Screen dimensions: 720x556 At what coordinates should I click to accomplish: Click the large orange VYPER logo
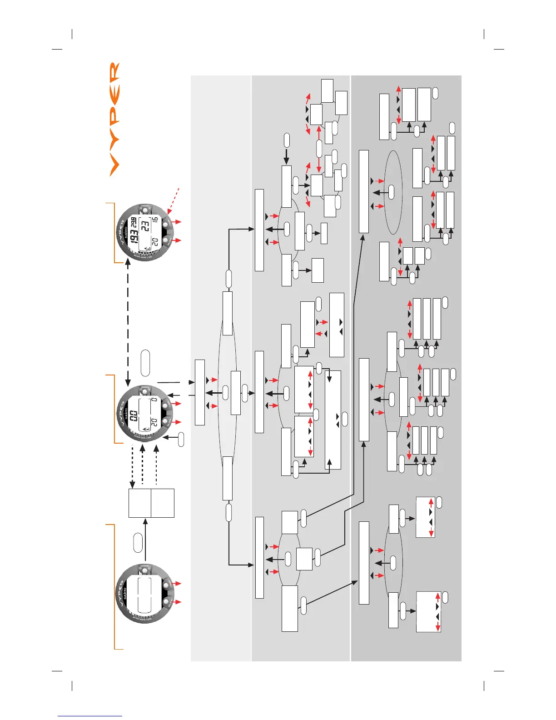pyautogui.click(x=114, y=119)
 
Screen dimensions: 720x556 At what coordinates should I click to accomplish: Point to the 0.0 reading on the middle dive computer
pyautogui.click(x=134, y=415)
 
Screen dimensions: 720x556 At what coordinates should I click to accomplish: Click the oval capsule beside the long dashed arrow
pyautogui.click(x=145, y=363)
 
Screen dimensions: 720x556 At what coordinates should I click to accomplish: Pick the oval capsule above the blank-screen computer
pyautogui.click(x=138, y=543)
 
